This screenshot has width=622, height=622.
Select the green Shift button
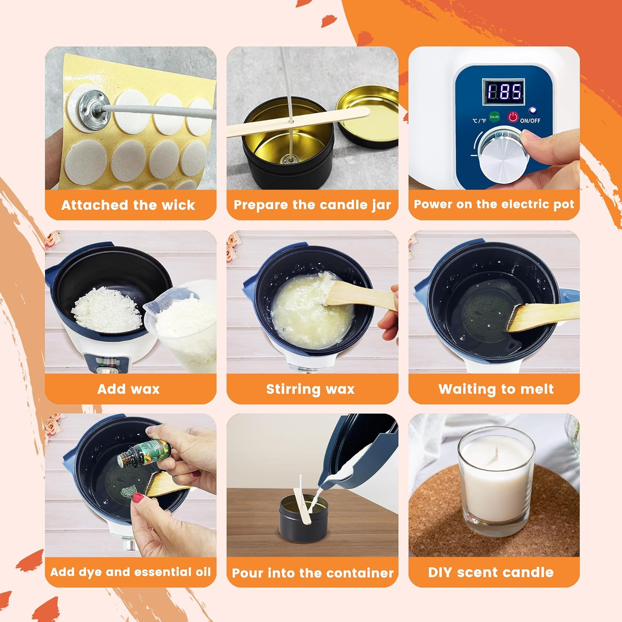(x=494, y=117)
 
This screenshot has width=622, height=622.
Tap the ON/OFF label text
(x=530, y=121)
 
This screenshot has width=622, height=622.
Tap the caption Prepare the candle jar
(x=312, y=205)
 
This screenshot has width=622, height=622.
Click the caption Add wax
(x=129, y=389)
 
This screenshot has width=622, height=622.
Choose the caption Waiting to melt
(x=496, y=389)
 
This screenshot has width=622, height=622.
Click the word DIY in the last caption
(x=440, y=572)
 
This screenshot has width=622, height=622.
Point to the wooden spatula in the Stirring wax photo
(x=357, y=295)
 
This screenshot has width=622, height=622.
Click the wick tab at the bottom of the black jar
(x=287, y=159)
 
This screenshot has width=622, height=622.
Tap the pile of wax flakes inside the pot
(x=107, y=311)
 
